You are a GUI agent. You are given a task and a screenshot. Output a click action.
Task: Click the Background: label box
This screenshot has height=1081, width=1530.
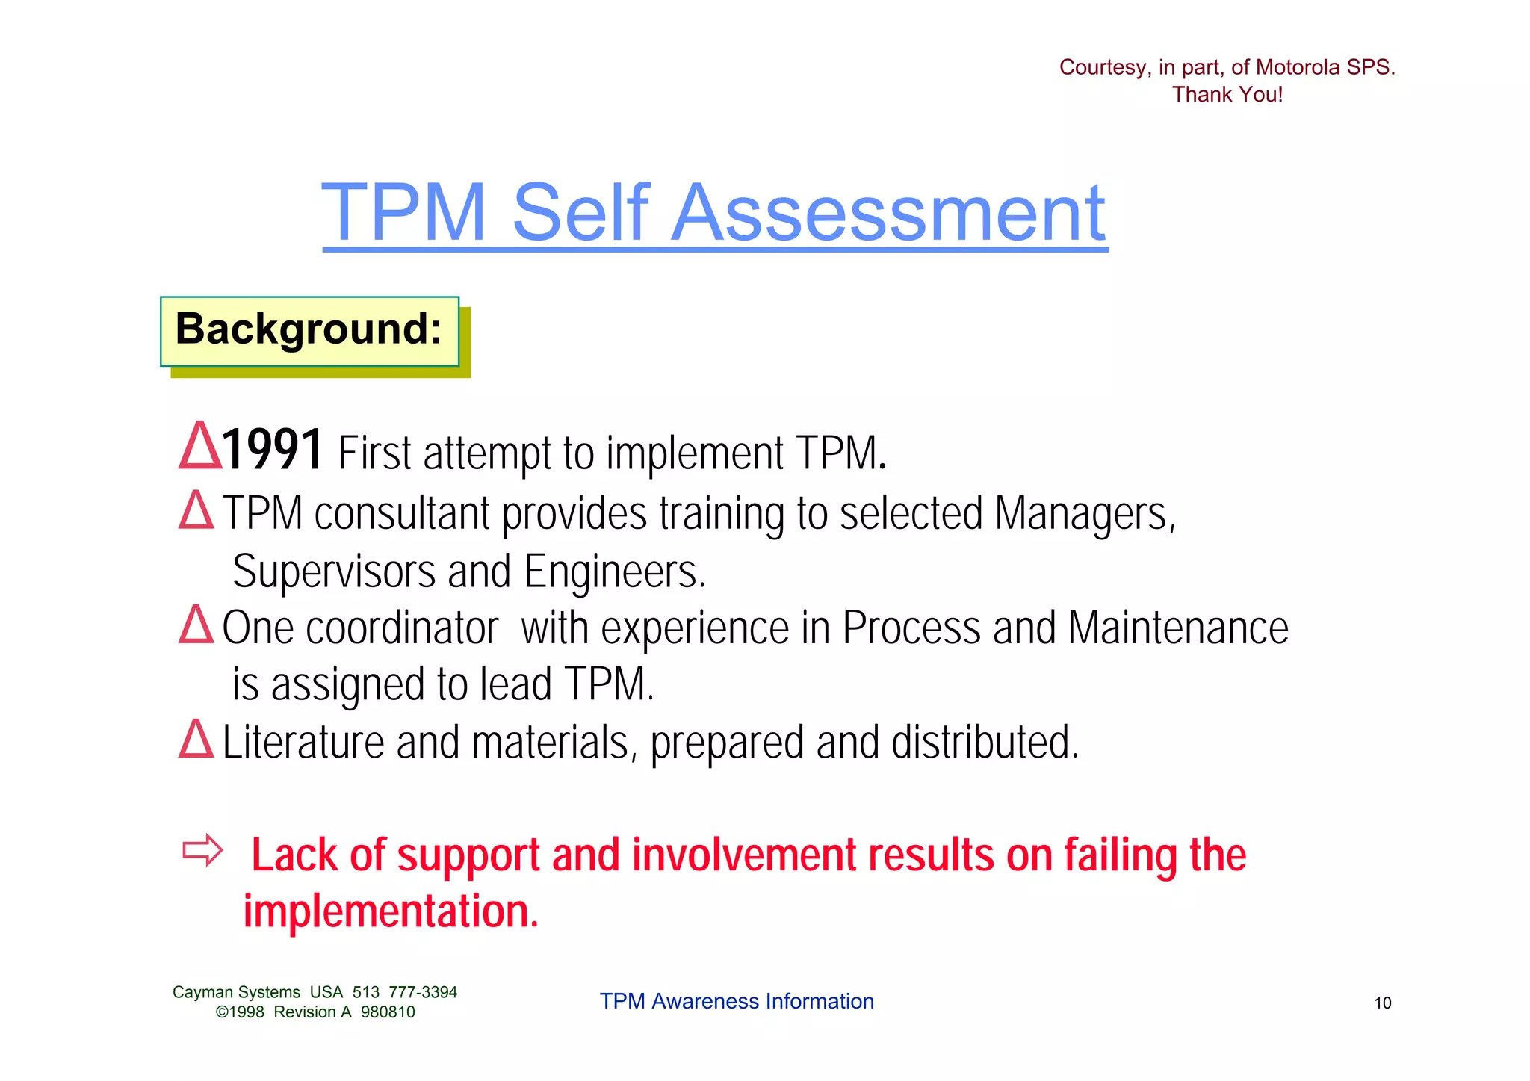(x=309, y=330)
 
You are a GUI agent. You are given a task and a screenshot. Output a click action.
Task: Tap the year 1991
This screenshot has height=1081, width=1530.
(x=273, y=450)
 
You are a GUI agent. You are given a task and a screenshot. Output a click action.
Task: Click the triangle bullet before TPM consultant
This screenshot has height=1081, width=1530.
(x=196, y=510)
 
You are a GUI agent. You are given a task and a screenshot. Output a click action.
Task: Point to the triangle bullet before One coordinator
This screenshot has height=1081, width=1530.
(x=196, y=625)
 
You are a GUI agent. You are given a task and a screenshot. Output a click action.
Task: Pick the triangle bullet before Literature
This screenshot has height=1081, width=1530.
(x=196, y=740)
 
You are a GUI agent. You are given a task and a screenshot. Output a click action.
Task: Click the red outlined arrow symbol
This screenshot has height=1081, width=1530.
(x=202, y=851)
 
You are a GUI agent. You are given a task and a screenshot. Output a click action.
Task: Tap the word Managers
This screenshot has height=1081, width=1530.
(x=1084, y=515)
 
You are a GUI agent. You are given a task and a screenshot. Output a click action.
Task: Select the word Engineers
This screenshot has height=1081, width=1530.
(x=614, y=572)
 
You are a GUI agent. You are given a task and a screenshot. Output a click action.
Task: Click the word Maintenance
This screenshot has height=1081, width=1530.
(x=1178, y=628)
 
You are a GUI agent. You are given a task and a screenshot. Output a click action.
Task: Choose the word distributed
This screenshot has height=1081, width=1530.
(x=985, y=743)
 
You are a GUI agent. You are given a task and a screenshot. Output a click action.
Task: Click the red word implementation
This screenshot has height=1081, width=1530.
(x=390, y=912)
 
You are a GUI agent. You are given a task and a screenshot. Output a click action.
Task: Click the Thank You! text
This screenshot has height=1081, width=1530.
(x=1227, y=95)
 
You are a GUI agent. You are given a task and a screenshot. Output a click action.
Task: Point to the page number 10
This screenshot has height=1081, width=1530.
(x=1383, y=1003)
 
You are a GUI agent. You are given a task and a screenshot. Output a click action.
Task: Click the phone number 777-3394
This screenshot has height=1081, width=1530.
(x=423, y=992)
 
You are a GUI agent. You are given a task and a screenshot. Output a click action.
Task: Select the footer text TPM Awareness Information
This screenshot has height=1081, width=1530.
(x=737, y=1001)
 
